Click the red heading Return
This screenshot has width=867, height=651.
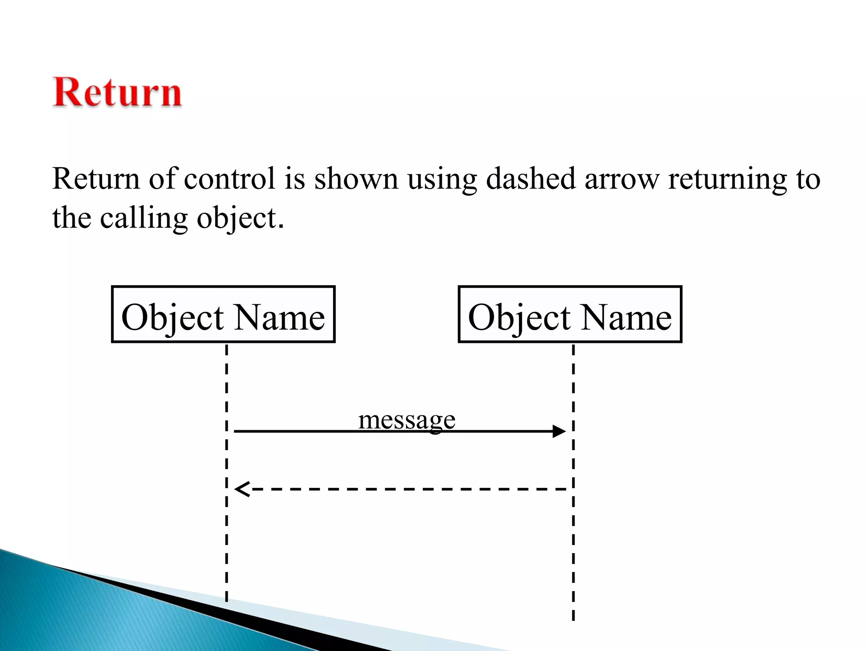pos(117,92)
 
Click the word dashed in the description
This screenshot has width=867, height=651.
pos(530,178)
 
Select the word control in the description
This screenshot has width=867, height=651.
pos(229,178)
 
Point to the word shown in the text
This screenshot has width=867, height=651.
pos(356,178)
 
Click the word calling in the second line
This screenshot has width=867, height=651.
pos(144,218)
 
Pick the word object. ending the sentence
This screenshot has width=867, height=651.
pos(240,219)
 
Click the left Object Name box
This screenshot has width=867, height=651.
pos(223,314)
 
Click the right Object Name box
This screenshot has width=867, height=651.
pos(570,314)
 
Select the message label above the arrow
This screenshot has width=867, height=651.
pos(406,420)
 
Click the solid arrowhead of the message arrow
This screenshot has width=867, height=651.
pos(559,431)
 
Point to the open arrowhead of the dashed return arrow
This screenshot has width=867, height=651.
pos(242,489)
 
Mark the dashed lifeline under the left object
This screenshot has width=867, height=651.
pos(226,530)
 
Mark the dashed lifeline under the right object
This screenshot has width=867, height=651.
pos(573,551)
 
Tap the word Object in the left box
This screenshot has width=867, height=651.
pos(172,318)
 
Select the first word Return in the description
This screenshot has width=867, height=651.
pos(96,178)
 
